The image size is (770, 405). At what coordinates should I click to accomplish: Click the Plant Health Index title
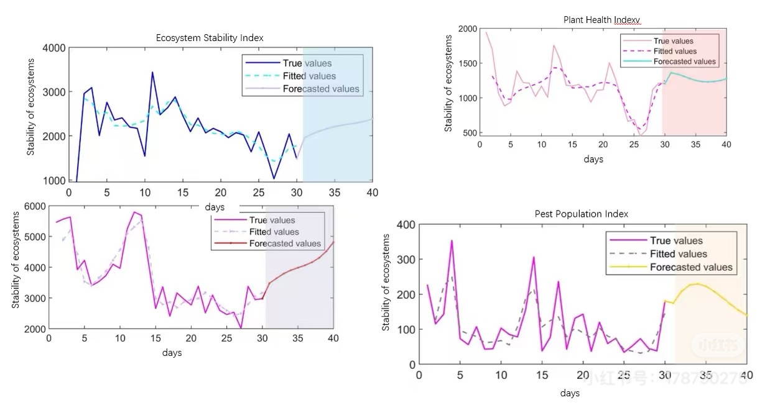pos(601,20)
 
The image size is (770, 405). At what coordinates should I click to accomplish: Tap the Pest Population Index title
pos(581,214)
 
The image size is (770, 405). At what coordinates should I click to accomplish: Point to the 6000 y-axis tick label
pos(34,207)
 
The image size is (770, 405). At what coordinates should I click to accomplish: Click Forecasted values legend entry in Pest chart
pos(691,267)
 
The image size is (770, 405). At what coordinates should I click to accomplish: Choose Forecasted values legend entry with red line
pos(285,243)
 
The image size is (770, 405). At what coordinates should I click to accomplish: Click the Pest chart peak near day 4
pos(452,240)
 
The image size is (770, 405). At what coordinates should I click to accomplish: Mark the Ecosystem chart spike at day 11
pos(152,73)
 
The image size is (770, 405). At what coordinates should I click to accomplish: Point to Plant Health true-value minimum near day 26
pos(640,135)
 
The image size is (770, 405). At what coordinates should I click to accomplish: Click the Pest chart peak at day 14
pos(534,257)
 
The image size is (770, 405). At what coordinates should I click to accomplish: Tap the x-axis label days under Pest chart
pos(569,393)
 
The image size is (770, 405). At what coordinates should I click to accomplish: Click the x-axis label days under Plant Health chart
pos(593,159)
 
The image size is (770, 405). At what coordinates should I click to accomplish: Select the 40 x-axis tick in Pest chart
pos(746,375)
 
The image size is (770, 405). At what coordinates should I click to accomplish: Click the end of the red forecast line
pos(333,242)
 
